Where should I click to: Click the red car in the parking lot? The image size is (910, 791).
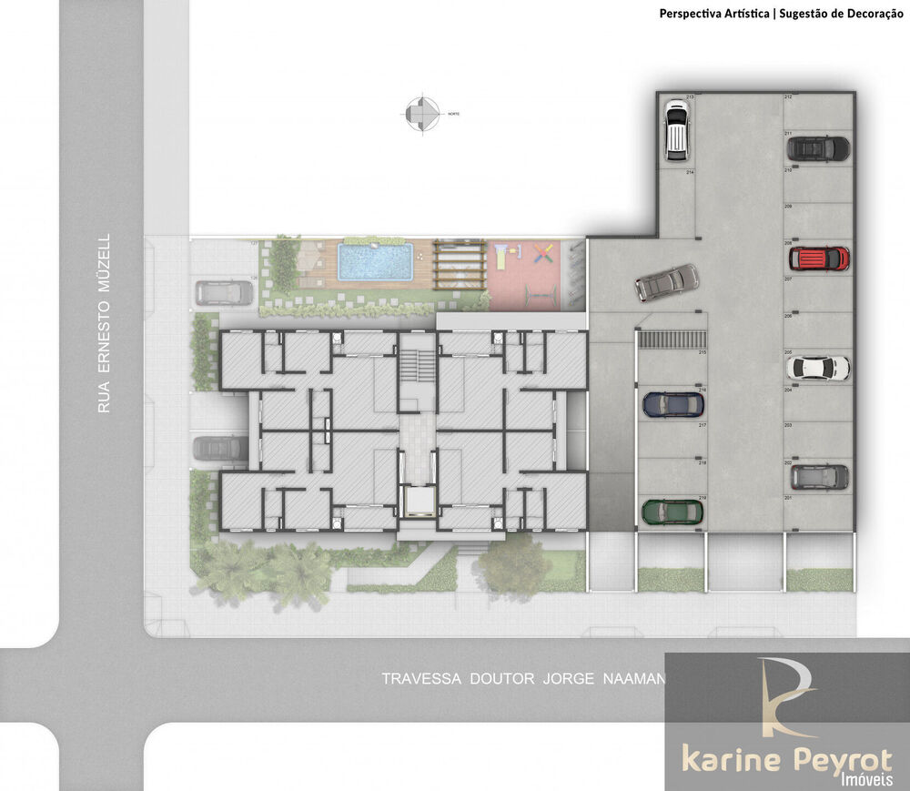(818, 259)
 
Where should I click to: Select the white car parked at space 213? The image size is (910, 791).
(675, 128)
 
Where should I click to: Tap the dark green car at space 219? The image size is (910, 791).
(672, 512)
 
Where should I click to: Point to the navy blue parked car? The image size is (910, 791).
(673, 404)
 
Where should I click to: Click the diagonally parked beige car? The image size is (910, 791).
(667, 282)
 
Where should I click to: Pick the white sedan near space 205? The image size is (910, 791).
(817, 368)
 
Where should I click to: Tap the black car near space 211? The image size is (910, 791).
(817, 147)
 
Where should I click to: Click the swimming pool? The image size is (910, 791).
(375, 261)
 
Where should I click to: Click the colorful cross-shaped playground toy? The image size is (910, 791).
(543, 252)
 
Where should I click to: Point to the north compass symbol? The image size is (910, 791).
(421, 114)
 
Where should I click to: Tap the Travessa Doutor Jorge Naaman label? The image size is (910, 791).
(523, 678)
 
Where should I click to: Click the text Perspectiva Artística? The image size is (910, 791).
(713, 14)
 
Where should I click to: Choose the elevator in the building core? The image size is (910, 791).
(418, 502)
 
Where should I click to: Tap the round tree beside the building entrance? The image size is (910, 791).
(511, 564)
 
